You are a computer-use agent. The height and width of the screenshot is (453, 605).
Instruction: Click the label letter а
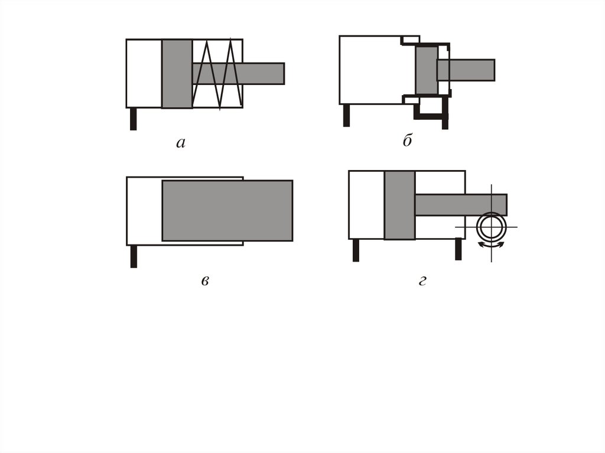181,143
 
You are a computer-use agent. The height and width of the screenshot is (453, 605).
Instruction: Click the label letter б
408,140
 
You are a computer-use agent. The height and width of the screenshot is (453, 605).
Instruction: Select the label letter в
205,281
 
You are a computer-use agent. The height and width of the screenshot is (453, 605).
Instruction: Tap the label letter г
422,281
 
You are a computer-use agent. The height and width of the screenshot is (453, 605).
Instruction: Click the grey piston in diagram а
177,74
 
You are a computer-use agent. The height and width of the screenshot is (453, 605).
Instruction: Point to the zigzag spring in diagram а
217,74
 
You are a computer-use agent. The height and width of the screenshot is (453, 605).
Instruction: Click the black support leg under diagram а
133,119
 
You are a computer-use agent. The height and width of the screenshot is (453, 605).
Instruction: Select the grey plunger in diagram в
227,211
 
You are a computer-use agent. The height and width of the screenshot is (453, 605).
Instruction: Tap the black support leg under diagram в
134,256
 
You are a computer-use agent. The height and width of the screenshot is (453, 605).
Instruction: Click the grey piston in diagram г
400,205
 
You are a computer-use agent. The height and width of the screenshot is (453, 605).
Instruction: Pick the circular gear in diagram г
491,227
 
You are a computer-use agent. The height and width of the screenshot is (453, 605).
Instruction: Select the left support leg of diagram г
356,250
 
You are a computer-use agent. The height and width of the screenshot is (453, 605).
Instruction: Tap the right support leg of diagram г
458,249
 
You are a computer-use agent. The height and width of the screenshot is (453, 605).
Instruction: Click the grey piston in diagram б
427,70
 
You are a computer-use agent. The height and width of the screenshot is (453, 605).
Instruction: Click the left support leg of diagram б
346,115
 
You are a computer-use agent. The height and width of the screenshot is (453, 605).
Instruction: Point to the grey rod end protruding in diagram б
466,70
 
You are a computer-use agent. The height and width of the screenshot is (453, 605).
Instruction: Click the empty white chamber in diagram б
370,70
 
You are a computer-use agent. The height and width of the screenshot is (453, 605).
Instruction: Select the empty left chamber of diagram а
144,74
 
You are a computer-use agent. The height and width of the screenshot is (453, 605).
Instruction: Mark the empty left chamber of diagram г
366,205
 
